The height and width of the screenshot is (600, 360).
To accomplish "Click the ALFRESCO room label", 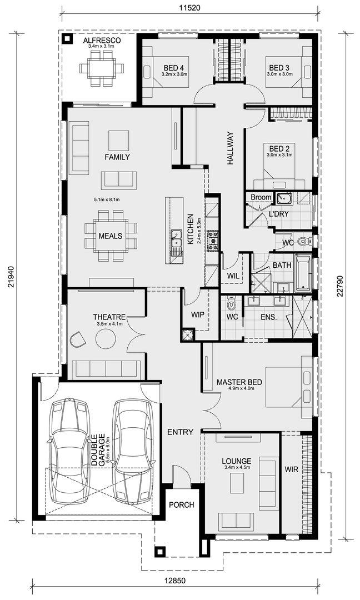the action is tap(102, 41).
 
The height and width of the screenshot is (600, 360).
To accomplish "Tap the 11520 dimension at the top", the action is tap(190, 7).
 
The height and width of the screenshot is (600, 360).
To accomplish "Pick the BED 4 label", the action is tap(174, 68).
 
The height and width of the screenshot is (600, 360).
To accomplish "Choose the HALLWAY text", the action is tap(230, 148).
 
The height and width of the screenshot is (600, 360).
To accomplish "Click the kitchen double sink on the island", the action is tap(176, 239).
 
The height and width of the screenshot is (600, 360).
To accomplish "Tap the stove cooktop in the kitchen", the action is tap(212, 241).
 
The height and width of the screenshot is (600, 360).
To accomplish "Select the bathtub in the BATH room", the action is tap(303, 272).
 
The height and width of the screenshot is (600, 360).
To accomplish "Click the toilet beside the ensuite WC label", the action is tap(231, 304).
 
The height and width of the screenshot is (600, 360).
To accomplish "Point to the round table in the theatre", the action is tap(106, 339).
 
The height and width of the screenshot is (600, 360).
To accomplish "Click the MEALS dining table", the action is tap(111, 236).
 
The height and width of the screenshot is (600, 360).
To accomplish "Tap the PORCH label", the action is tap(181, 505).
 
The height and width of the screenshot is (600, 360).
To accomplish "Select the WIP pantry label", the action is tap(197, 315).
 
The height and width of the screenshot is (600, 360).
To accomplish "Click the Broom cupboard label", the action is tap(261, 197).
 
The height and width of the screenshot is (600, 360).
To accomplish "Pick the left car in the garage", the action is tap(70, 452).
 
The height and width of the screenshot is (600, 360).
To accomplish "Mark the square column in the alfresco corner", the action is tap(68, 39).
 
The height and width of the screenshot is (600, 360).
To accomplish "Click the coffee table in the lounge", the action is tap(237, 483).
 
